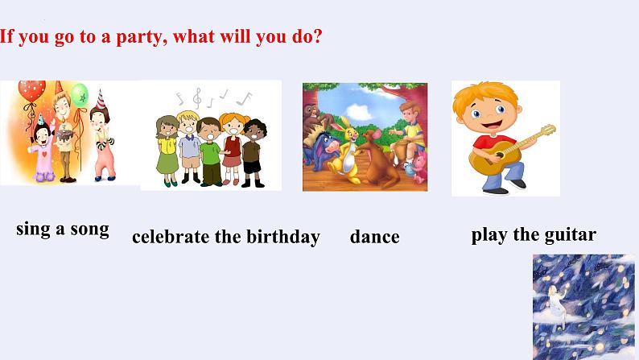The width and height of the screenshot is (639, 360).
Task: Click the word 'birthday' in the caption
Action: [x=280, y=237]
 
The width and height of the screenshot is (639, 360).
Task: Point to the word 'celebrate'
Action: [x=170, y=237]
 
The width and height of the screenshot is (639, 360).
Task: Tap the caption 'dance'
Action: [x=374, y=237]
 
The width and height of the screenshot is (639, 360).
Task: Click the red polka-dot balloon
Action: [x=31, y=90]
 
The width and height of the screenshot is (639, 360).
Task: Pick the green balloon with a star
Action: [x=80, y=96]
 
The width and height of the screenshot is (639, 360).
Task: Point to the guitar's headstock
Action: [x=547, y=130]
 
